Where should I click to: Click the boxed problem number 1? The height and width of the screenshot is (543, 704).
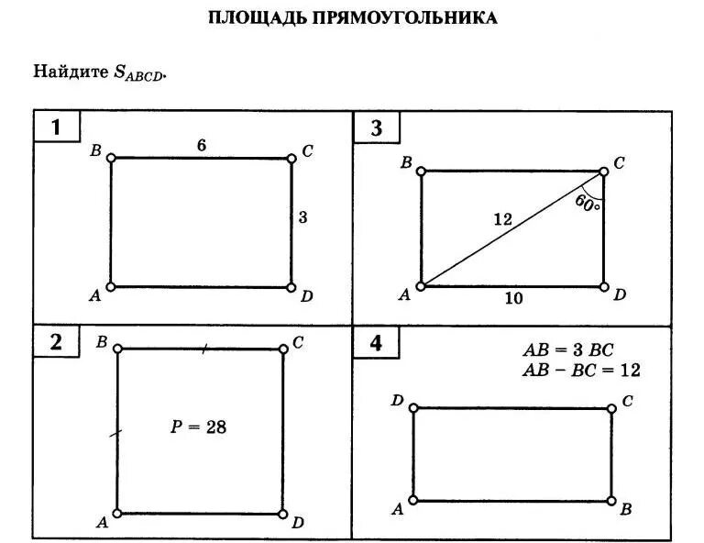(56, 127)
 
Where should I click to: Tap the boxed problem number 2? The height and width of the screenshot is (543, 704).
(56, 342)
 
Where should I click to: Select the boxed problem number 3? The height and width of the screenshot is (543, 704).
(376, 127)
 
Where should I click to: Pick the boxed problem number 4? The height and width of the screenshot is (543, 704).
(376, 343)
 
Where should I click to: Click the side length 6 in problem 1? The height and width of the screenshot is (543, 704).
(201, 144)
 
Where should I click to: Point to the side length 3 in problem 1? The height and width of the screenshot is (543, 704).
(302, 217)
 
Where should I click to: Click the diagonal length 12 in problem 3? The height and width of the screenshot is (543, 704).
(501, 219)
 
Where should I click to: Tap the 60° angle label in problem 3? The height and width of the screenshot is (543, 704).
(588, 202)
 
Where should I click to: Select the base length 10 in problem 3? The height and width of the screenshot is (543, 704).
(512, 298)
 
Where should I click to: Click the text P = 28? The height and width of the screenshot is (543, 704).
(198, 426)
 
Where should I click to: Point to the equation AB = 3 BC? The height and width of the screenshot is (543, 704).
(567, 350)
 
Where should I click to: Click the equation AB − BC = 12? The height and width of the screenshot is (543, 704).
(580, 370)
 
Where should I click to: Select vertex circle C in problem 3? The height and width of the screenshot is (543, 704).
(604, 171)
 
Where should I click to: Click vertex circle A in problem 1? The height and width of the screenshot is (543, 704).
(111, 287)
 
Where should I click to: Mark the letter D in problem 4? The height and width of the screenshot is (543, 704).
(397, 400)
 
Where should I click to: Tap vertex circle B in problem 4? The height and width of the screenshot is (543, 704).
(611, 501)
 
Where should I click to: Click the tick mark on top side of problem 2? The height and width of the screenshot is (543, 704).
(204, 348)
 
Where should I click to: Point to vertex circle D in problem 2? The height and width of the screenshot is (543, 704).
(283, 514)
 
